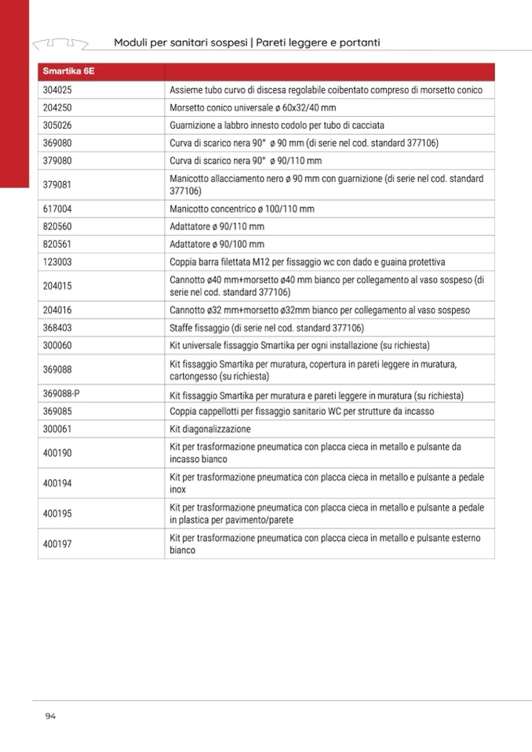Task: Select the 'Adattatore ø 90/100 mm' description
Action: (217, 245)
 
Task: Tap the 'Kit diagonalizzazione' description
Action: (210, 430)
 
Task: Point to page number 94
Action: (50, 715)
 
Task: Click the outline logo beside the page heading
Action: (60, 42)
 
